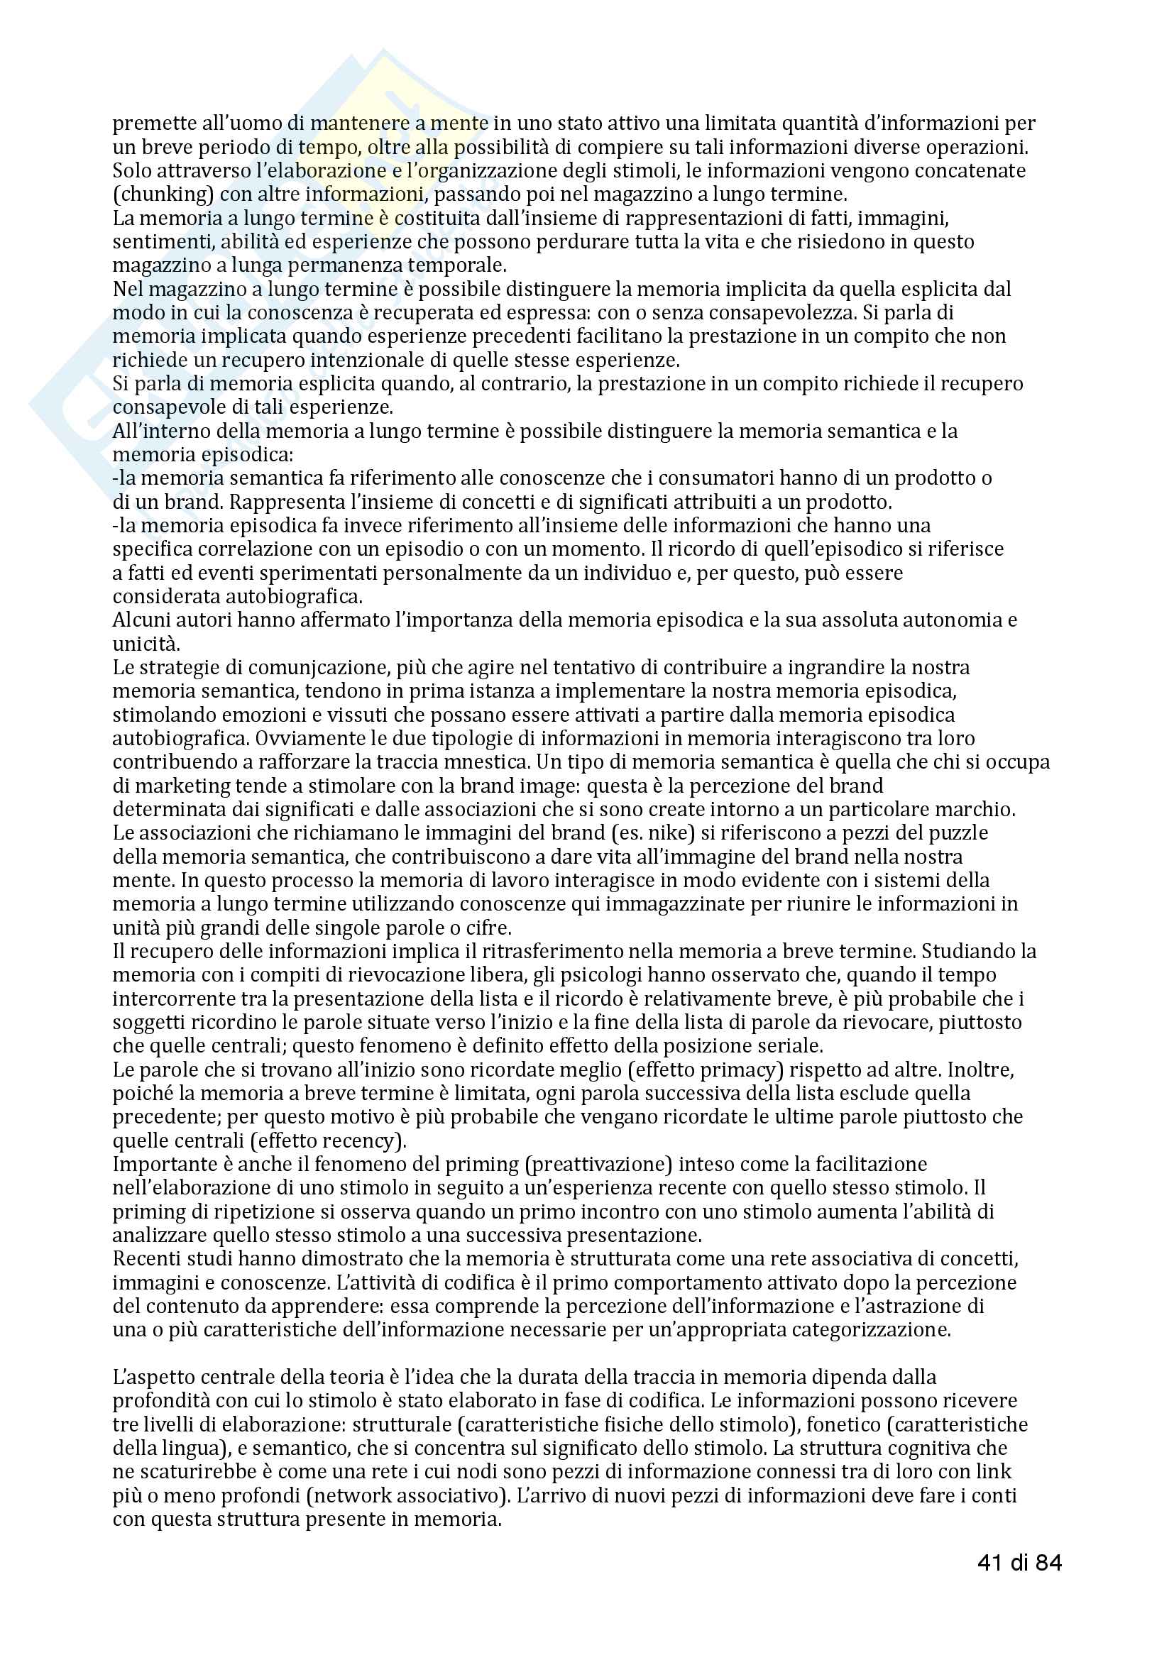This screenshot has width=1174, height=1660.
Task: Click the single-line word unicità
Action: click(x=146, y=644)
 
